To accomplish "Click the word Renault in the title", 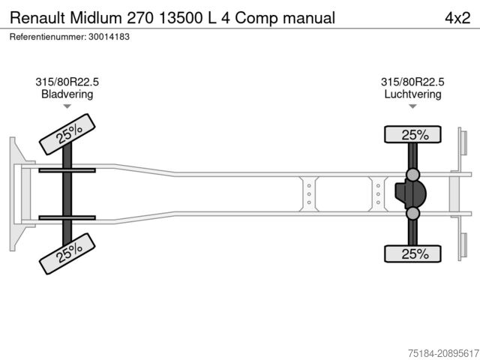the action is [37, 18].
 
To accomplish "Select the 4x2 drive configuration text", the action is [457, 18].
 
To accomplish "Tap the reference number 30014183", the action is [109, 37].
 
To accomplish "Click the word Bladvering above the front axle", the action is [67, 94].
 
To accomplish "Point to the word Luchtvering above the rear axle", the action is [412, 94].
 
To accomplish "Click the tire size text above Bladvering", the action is [67, 82].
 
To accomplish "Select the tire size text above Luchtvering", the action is [412, 82].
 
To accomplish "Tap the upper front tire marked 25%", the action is [67, 134].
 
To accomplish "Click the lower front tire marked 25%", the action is [67, 253].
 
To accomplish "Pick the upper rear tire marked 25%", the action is [412, 134].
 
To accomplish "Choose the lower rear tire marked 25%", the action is [412, 253].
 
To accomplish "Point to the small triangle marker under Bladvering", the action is [67, 106].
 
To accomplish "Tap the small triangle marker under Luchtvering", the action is [412, 106].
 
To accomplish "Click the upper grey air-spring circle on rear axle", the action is [412, 175].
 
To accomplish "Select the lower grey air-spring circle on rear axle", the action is [412, 213].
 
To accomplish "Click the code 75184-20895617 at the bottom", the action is [443, 353].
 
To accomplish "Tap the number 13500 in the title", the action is [181, 18].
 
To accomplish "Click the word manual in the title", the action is [309, 18].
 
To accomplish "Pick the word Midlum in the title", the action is [96, 18].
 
